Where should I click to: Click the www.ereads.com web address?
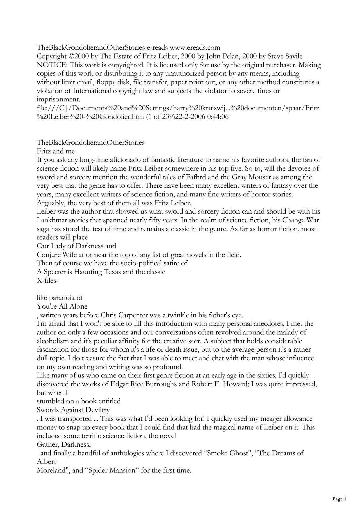195,48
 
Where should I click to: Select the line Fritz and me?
56,151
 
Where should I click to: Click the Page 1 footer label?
339,499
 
